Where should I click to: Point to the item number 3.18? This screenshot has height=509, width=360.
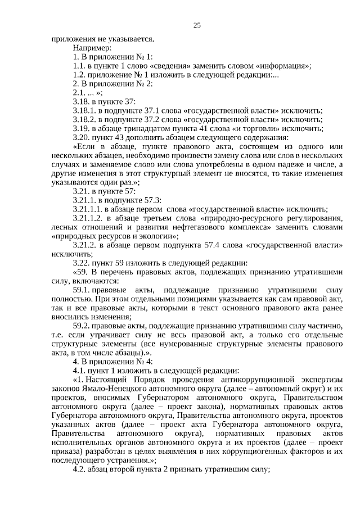[x=82, y=101]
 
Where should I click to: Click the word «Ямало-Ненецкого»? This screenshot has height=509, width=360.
[x=110, y=389]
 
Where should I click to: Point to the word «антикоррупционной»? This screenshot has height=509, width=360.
[x=253, y=380]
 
